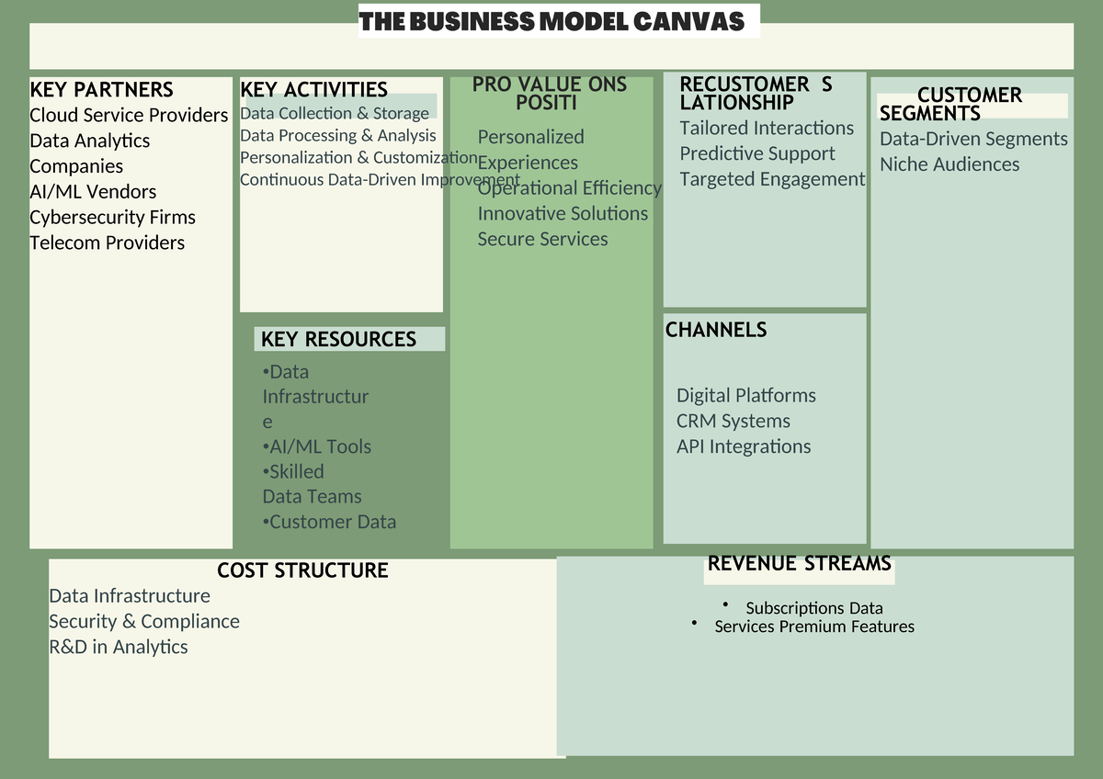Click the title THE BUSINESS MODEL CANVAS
551,22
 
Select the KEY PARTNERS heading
101,90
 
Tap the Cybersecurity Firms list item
112,218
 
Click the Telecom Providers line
107,243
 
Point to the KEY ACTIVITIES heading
313,90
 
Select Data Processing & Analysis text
337,136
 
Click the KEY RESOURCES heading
338,340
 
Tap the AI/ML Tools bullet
317,447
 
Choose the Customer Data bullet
329,523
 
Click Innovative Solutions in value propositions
563,214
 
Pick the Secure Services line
542,240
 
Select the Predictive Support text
757,154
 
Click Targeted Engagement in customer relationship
772,180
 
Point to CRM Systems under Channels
733,422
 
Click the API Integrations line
744,447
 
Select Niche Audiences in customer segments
949,165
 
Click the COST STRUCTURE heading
302,571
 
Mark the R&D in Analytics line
118,648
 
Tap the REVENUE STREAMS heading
799,564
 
